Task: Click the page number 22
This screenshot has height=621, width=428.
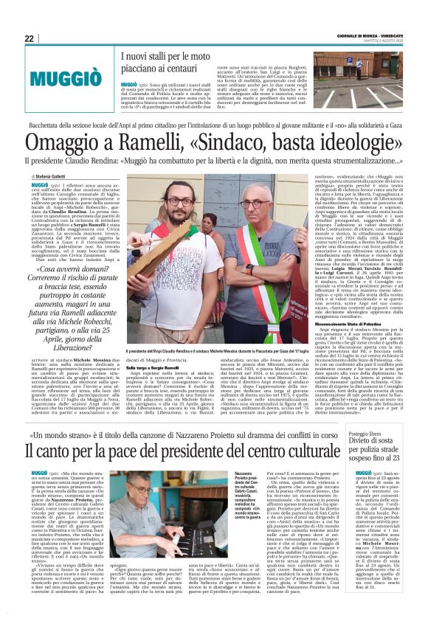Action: tap(29, 38)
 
